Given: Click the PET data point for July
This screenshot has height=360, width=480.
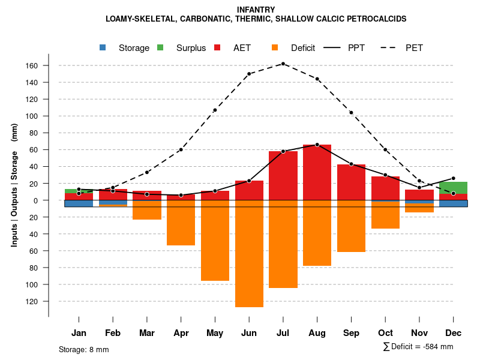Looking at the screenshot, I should (283, 64).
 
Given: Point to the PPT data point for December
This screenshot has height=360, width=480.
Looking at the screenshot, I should (453, 178).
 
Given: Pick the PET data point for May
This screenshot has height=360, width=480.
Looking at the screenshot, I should (215, 110).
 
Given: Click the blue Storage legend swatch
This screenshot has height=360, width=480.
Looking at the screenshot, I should (103, 47).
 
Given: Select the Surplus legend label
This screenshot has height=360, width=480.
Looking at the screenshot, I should (191, 48).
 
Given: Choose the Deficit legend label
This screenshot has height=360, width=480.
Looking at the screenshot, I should (302, 48).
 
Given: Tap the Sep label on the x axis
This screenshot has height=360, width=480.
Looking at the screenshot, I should (351, 333).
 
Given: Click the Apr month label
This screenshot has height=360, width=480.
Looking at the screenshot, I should (181, 333).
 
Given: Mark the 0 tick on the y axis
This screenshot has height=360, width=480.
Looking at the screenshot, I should (36, 200).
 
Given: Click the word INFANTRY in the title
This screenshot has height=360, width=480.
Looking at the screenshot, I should (256, 10).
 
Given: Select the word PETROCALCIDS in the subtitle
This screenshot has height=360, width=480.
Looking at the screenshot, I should (373, 19).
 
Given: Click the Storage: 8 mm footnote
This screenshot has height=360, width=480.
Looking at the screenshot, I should (84, 349).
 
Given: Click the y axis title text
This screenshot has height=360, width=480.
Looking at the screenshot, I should (14, 184).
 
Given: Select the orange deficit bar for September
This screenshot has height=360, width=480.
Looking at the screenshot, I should (351, 228).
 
